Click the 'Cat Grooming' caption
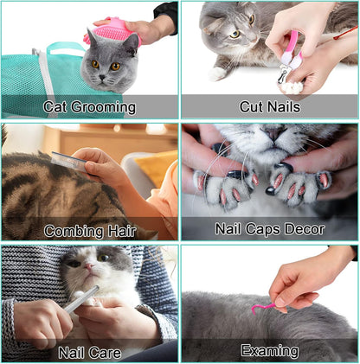pyautogui.click(x=90, y=108)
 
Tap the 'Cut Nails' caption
pyautogui.click(x=270, y=107)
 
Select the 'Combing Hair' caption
pyautogui.click(x=90, y=230)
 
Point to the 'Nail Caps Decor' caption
pyautogui.click(x=270, y=229)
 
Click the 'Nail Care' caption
pyautogui.click(x=90, y=352)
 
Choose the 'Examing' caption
pyautogui.click(x=270, y=351)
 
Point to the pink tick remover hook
pyautogui.click(x=263, y=308)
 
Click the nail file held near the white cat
pyautogui.click(x=80, y=298)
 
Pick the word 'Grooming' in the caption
pyautogui.click(x=105, y=108)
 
